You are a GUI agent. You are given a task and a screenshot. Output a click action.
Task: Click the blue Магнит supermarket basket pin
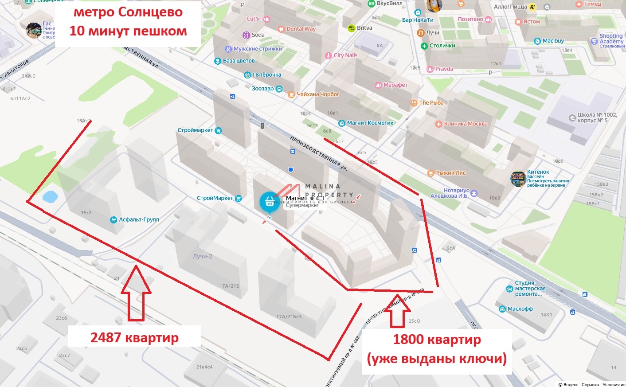[269, 202]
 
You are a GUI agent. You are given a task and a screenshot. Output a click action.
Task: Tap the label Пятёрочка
[267, 75]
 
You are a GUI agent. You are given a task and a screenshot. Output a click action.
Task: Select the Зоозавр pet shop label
[263, 89]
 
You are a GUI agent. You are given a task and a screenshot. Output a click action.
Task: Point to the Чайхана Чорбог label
[317, 94]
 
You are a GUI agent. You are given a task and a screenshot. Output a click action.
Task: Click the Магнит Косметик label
[370, 123]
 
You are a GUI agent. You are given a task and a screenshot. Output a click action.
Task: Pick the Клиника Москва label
[466, 124]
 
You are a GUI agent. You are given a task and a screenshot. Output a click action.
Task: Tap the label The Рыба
[431, 103]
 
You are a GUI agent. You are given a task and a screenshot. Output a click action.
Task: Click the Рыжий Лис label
[450, 173]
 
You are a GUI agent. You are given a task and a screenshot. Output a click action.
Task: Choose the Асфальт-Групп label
[139, 219]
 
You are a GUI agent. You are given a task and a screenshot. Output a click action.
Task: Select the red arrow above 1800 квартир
[397, 310]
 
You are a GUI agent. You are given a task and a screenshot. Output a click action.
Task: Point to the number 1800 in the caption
[408, 340]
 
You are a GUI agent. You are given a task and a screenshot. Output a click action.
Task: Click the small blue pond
[50, 196]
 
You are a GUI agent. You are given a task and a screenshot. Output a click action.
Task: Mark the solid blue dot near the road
[290, 169]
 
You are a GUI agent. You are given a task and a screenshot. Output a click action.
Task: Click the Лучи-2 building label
[202, 256]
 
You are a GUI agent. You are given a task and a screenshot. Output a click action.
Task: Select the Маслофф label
[520, 309]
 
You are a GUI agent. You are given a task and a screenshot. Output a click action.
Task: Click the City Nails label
[345, 55]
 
